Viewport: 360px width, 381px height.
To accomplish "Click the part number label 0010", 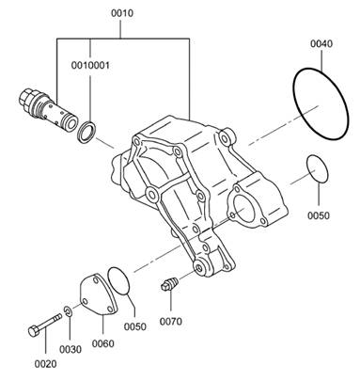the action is point(122,13).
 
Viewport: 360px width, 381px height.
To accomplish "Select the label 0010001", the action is point(90,66).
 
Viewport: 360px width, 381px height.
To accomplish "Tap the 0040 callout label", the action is point(321,43).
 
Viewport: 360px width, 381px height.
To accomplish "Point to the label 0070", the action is point(171,322).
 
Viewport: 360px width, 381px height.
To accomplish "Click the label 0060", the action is point(103,343).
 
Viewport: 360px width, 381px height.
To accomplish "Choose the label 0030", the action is point(70,349).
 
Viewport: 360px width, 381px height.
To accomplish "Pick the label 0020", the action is point(46,364).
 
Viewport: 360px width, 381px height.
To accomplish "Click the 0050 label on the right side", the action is point(319,215).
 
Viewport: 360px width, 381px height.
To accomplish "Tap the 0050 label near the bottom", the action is point(135,326).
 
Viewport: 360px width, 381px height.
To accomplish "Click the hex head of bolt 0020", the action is point(33,331).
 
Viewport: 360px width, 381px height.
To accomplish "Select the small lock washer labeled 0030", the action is point(68,311).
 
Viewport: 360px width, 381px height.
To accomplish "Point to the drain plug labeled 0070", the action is point(169,284).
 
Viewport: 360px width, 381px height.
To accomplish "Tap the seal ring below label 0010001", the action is point(86,132).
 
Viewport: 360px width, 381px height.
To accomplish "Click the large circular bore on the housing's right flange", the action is point(243,209).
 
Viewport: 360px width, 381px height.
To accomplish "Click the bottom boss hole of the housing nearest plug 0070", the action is point(199,268).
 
